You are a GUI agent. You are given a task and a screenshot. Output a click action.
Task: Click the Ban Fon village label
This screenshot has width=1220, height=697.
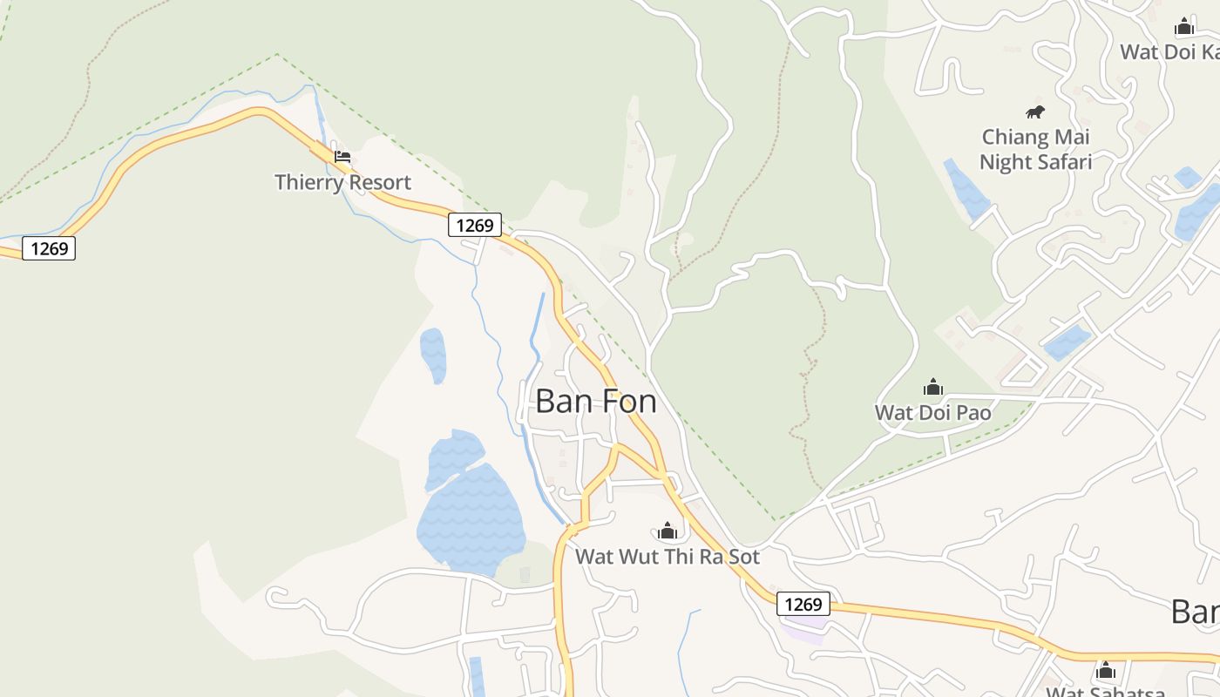click(595, 402)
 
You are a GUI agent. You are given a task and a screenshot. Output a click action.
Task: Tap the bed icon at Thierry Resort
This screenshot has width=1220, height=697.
click(342, 158)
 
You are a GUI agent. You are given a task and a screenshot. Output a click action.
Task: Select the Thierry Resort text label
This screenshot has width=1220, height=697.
click(342, 183)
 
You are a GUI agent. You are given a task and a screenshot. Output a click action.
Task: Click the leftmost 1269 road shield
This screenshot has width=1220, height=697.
click(49, 248)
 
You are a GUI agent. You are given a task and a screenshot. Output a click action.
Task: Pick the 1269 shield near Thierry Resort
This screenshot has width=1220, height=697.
click(475, 225)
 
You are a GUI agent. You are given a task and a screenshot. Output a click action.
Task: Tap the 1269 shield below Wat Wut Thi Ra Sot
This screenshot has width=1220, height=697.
click(803, 604)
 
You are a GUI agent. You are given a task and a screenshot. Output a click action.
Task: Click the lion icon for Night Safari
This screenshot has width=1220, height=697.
click(1034, 112)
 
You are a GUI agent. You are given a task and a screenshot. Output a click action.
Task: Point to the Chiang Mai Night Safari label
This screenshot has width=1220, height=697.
click(1035, 149)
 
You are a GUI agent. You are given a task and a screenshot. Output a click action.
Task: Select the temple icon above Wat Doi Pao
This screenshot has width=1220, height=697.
click(933, 387)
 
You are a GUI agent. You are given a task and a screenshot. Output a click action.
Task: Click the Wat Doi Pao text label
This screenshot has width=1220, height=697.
click(933, 412)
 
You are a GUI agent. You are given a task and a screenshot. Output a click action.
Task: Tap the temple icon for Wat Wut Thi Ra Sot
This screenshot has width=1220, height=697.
click(668, 531)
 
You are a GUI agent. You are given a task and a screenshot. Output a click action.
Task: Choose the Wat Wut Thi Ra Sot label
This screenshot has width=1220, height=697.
click(668, 556)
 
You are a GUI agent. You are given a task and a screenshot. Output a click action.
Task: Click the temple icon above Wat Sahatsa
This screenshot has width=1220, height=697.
click(1106, 670)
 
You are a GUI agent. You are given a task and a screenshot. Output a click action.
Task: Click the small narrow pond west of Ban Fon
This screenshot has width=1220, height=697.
click(433, 355)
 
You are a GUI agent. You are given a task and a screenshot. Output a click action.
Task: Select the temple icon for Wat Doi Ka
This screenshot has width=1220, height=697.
click(1183, 27)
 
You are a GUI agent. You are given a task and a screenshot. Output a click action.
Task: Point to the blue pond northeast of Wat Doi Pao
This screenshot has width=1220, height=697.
click(1067, 342)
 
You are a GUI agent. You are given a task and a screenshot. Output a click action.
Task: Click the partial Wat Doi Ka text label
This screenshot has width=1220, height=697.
click(1169, 51)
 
